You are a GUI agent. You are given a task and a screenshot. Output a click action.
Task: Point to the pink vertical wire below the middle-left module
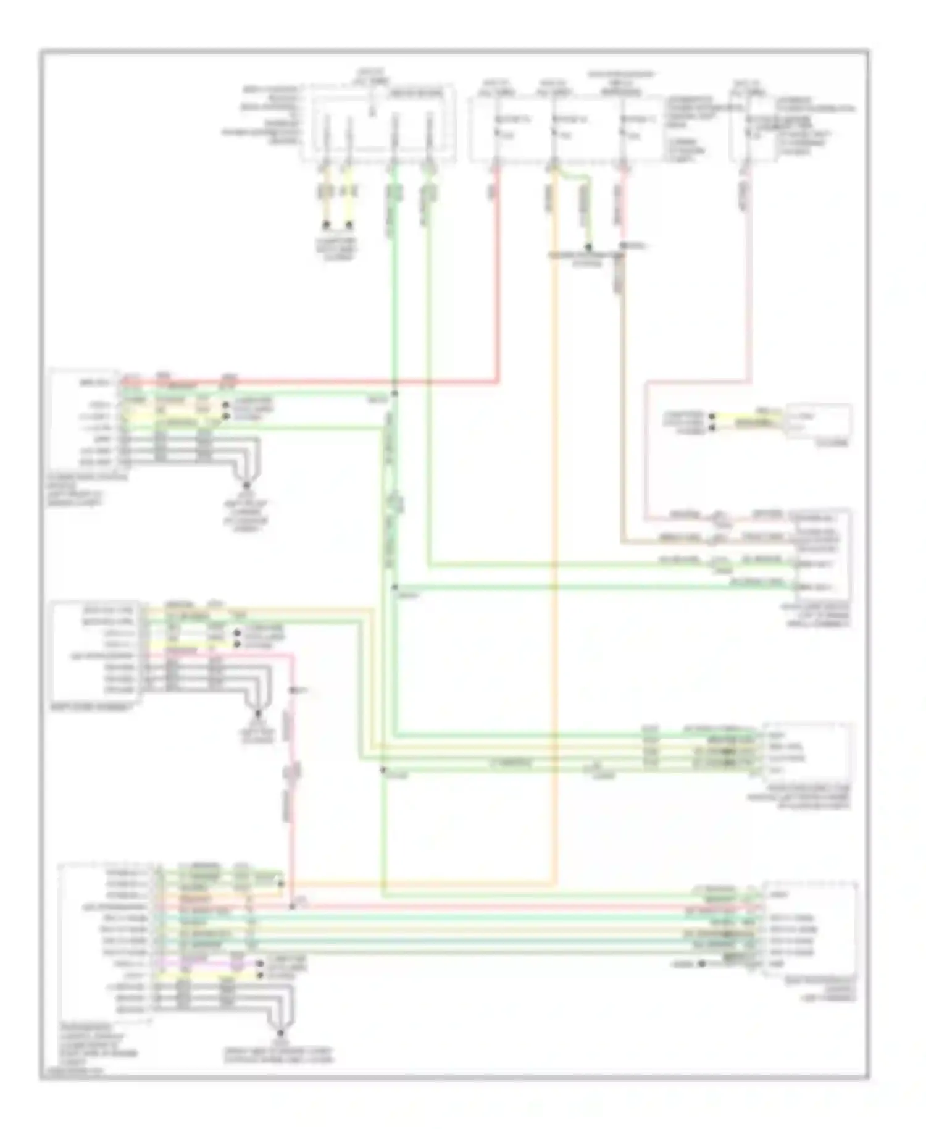coord(292,772)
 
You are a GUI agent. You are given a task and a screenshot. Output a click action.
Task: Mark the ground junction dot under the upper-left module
coord(246,485)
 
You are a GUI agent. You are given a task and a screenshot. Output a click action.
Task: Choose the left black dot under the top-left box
coord(327,224)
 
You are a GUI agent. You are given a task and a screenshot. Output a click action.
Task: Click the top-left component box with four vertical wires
coord(378,124)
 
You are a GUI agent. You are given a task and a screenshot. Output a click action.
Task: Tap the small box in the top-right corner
coord(748,127)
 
